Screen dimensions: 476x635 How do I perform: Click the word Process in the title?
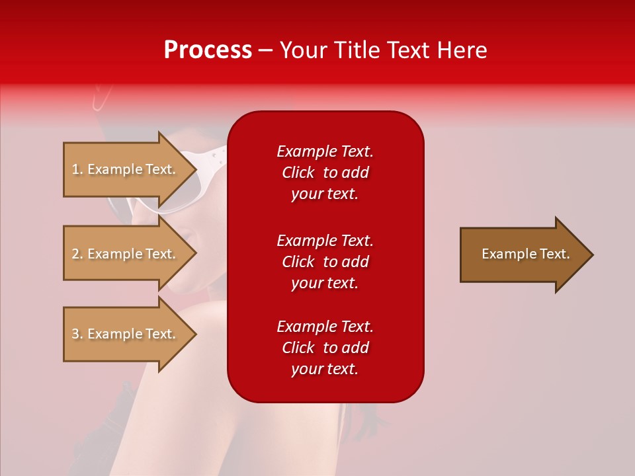[208, 50]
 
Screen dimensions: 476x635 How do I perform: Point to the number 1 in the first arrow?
[75, 169]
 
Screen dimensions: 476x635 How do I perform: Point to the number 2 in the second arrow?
[75, 254]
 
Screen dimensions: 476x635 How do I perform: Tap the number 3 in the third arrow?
[75, 334]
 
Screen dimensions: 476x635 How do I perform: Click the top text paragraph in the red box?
[325, 173]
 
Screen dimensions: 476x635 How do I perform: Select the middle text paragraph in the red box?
[325, 262]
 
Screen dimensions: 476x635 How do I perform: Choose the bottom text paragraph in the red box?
[325, 348]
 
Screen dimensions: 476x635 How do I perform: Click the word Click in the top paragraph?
[298, 173]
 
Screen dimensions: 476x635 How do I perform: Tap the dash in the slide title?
[265, 50]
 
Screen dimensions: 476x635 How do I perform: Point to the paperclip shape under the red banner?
[101, 98]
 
